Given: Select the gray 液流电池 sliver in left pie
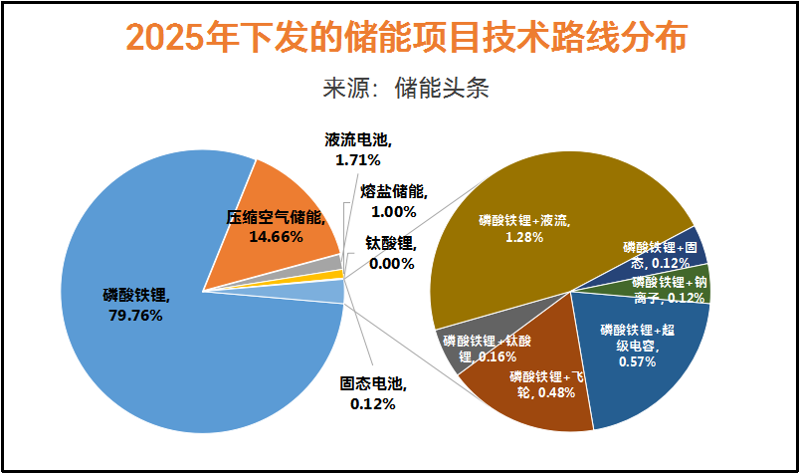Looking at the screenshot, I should [x=335, y=262].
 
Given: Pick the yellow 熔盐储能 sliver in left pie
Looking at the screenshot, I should [x=338, y=274].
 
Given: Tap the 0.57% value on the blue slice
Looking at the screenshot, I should [x=637, y=361].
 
